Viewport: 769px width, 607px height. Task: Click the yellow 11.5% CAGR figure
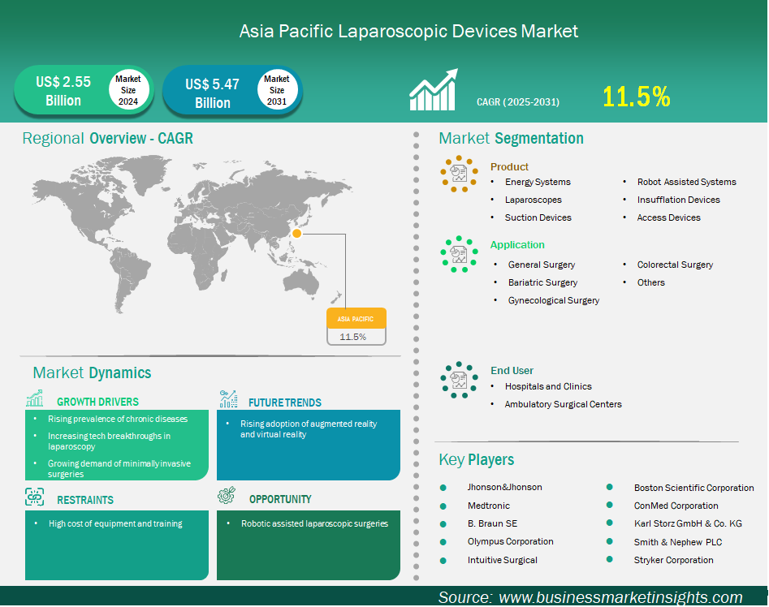coord(636,97)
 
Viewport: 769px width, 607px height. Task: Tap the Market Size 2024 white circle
coord(128,90)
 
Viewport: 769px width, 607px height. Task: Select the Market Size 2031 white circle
coord(277,90)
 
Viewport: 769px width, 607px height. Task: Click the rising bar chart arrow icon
coord(434,89)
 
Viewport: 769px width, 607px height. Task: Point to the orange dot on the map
coord(296,233)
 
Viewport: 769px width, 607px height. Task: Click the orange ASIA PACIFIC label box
coord(356,318)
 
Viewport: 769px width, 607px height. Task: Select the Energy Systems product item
coord(538,182)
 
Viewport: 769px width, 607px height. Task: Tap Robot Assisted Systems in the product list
coord(687,182)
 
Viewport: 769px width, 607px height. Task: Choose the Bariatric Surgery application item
coord(542,282)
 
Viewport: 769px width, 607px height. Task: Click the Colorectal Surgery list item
coord(675,265)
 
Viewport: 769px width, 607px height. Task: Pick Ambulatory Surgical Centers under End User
coord(563,404)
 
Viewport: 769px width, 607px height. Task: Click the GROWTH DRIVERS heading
coord(97,402)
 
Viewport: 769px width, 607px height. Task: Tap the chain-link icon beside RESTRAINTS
coord(34,497)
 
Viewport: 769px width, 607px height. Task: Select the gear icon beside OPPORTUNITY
coord(227,495)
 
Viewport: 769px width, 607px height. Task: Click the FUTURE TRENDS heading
coord(284,403)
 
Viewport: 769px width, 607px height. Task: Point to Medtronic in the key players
coord(489,506)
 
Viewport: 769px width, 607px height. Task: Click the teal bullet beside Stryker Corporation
coord(610,559)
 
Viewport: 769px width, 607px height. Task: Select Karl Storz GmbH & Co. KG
coord(688,523)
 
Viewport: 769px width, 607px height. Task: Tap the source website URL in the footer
coord(620,597)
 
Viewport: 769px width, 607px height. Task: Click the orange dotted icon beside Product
coord(459,174)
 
